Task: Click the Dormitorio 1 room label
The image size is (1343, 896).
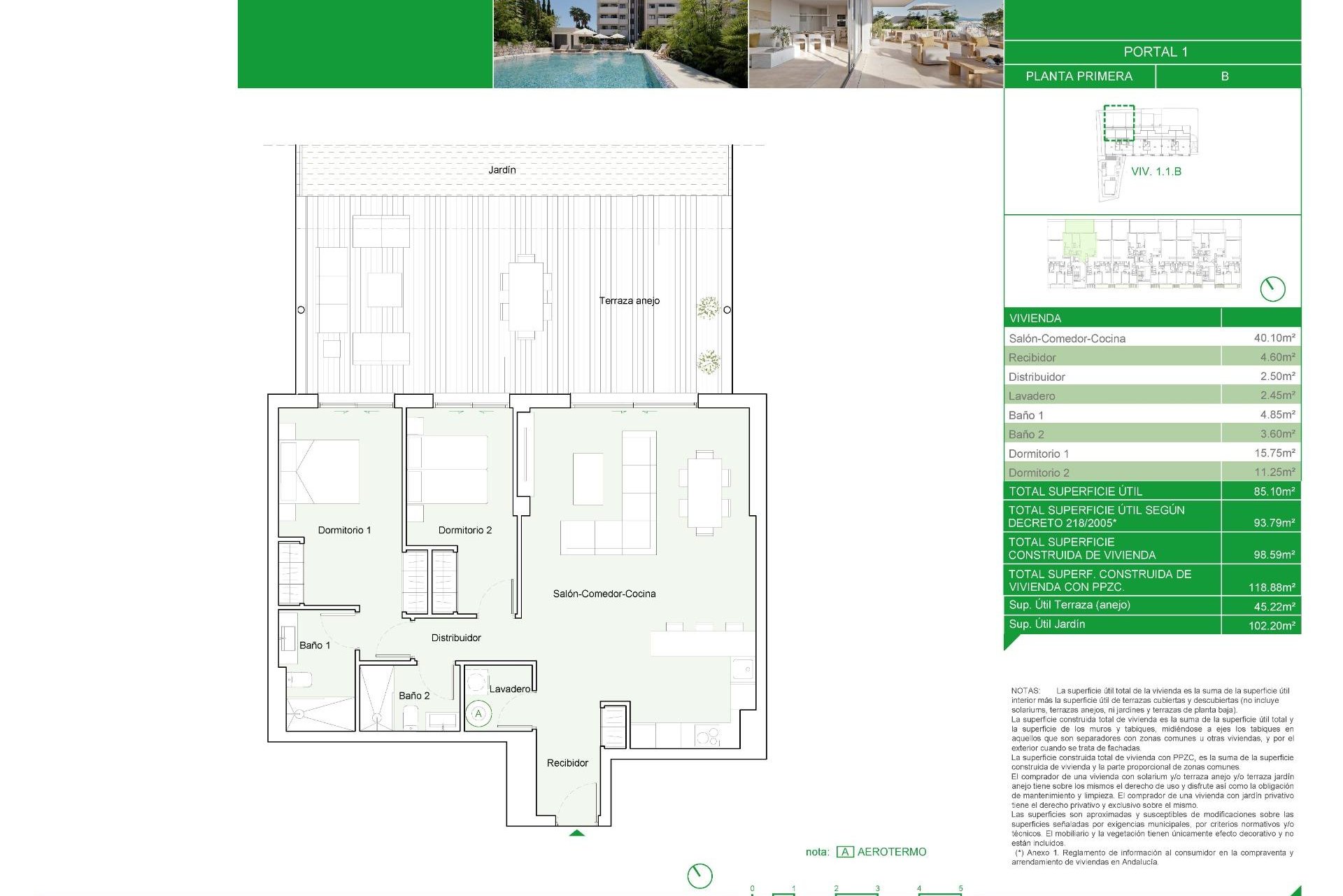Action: coord(344,530)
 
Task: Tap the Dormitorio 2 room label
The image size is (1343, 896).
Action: coord(464,530)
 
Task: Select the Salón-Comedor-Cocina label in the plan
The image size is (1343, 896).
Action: coord(604,594)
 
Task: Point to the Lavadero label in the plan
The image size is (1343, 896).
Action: coord(510,689)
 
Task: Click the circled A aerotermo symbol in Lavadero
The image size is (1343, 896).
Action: coord(478,714)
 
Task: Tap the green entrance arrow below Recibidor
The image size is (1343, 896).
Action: coord(576,833)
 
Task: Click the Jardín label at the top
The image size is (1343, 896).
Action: coord(502,170)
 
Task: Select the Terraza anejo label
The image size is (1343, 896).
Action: coord(629,300)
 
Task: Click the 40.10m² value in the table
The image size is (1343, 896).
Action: coord(1274,338)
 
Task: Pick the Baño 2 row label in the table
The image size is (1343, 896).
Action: coord(1026,434)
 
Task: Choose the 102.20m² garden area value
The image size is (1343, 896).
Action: coord(1271,626)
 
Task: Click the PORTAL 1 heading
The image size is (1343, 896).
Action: coord(1155,52)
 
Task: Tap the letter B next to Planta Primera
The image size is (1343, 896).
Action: coord(1225,76)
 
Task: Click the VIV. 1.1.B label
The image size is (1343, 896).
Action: coord(1156,171)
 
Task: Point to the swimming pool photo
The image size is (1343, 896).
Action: coord(620,44)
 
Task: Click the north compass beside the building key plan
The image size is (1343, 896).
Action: coord(1272,289)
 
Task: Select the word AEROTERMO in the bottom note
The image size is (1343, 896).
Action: coord(891,852)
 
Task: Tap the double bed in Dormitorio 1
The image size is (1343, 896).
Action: coord(320,471)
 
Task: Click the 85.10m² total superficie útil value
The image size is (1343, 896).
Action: coord(1273,491)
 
